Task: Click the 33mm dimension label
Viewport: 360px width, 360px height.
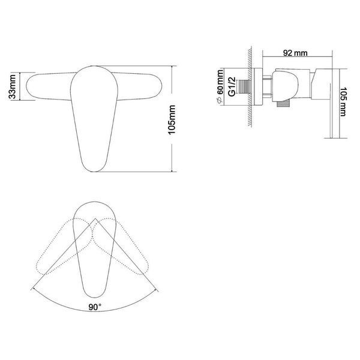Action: click(12, 86)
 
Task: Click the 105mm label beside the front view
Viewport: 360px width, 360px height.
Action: click(172, 119)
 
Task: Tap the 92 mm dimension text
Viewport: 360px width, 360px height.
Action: click(295, 53)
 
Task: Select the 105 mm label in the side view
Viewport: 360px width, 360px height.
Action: click(343, 101)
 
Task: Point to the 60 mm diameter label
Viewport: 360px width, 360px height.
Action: click(220, 82)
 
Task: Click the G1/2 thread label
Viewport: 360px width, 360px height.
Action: click(232, 86)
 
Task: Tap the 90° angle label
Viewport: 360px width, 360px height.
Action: click(95, 307)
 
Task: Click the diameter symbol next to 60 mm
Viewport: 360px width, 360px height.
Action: click(220, 100)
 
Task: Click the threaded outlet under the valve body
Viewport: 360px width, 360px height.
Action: click(283, 104)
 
